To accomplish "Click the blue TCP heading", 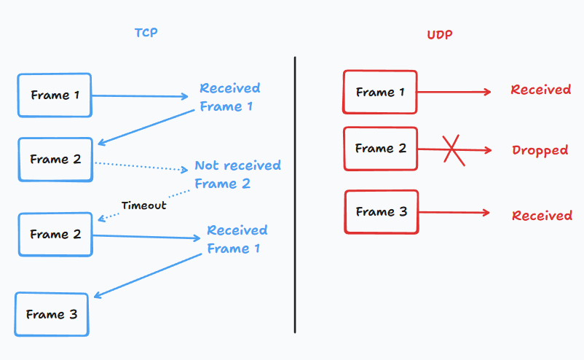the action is pos(146,32).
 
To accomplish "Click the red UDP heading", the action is pos(440,35).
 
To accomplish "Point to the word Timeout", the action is pos(143,206).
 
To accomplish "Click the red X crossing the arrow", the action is pos(454,150).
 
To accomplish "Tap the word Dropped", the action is pos(540,150).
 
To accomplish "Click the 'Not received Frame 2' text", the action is pos(237,174).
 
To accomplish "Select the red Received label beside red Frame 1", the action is pos(541,90).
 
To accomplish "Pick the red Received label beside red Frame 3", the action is pos(542,216).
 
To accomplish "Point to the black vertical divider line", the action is pos(295,195).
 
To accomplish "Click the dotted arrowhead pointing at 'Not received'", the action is pos(184,170).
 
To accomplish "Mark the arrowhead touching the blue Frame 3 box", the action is pos(98,295).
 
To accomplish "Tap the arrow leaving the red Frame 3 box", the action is pos(454,212).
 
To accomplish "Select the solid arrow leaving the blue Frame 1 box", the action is pos(140,96).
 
